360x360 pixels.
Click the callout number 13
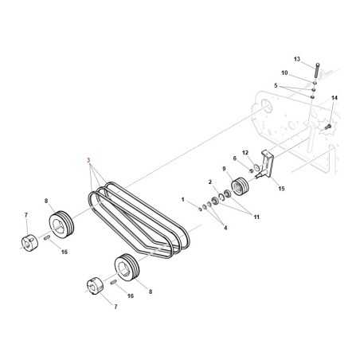297,59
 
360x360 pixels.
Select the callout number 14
335,98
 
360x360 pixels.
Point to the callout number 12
245,152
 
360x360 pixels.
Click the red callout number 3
88,160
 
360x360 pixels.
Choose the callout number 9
225,170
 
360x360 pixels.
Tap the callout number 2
210,182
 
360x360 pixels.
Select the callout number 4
225,229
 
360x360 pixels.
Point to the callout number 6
235,158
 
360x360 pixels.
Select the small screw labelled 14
327,126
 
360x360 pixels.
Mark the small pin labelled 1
199,206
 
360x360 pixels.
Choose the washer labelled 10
315,82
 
